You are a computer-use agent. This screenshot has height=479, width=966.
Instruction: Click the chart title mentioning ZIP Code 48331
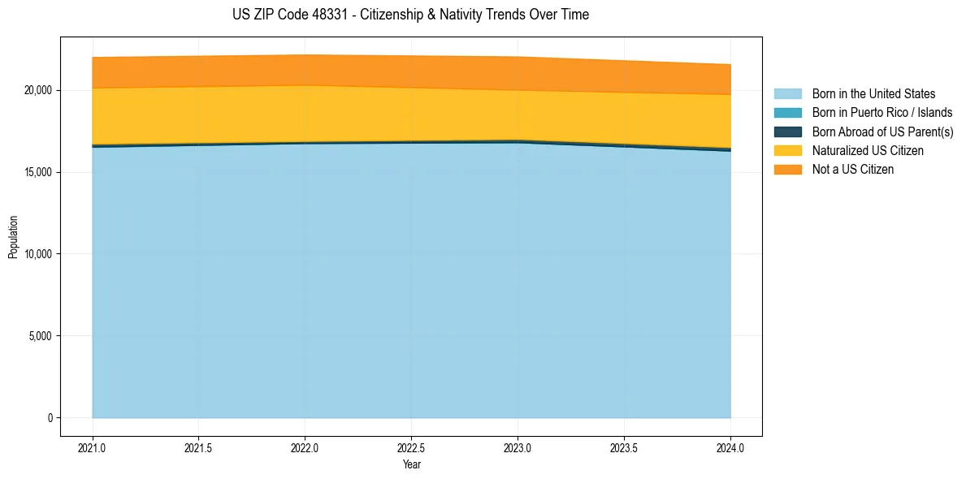click(x=409, y=15)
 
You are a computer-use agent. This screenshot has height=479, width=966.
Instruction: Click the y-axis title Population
click(x=13, y=237)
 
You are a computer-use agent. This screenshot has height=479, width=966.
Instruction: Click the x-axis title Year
click(x=411, y=465)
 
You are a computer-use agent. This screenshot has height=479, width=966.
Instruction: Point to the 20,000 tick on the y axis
click(x=37, y=90)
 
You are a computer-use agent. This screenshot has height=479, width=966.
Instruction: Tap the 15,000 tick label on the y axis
click(x=37, y=172)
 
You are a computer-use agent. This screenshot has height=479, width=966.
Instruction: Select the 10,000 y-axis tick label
click(x=37, y=254)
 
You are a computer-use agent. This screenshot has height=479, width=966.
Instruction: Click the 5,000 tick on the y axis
click(x=40, y=336)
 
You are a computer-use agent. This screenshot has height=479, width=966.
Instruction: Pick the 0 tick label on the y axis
click(x=50, y=418)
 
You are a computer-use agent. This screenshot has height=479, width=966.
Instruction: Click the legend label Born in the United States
click(x=873, y=94)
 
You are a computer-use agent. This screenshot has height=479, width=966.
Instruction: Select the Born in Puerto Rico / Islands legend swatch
click(x=787, y=113)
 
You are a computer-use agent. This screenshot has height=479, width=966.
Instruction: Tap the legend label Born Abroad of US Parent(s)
click(x=882, y=132)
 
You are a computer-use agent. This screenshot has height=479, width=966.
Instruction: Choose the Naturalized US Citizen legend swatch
click(x=787, y=150)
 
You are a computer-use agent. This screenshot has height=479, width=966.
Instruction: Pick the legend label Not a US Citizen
click(x=853, y=170)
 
